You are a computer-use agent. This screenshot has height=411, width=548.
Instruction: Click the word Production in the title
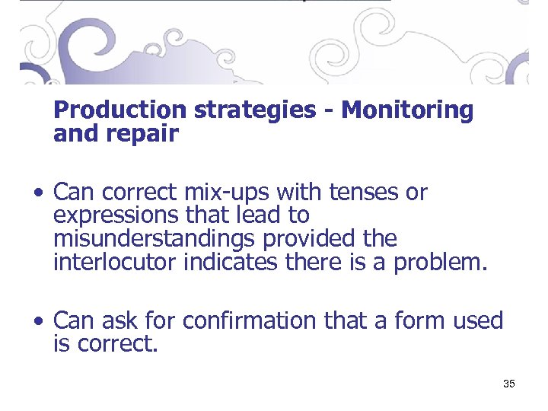pyautogui.click(x=120, y=110)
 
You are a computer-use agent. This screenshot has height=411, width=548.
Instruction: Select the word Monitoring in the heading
pyautogui.click(x=407, y=110)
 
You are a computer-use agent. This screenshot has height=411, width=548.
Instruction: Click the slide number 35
pyautogui.click(x=509, y=384)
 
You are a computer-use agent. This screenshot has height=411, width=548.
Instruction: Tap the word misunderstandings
pyautogui.click(x=155, y=239)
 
